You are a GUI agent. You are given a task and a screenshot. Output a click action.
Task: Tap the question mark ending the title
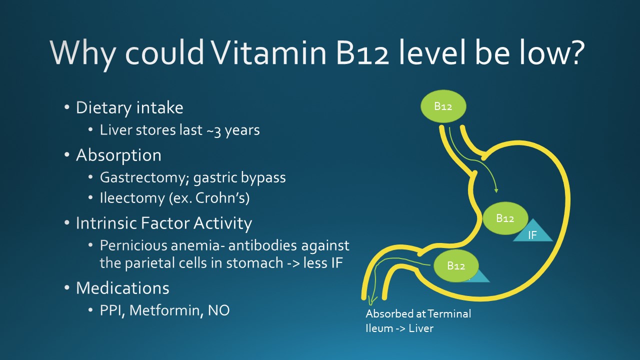click(x=574, y=51)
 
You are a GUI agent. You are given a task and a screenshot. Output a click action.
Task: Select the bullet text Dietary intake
click(x=129, y=108)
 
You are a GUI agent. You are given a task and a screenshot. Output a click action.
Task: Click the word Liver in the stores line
click(x=116, y=130)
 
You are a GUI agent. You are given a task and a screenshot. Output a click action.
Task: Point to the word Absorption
click(x=118, y=155)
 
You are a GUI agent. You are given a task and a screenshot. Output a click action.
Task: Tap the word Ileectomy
click(x=132, y=198)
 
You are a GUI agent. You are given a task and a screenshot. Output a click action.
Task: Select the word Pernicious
click(x=132, y=245)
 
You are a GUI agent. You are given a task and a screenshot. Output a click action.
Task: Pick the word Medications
click(x=122, y=288)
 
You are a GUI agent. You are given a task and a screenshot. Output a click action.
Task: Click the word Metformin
click(x=166, y=310)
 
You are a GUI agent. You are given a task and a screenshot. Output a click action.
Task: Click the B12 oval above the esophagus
click(x=443, y=106)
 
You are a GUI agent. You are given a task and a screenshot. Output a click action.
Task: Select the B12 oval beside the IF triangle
click(x=505, y=218)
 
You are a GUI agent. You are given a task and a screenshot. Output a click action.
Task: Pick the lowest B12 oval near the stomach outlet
click(x=456, y=265)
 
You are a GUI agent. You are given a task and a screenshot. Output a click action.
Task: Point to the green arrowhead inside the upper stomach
click(x=496, y=190)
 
